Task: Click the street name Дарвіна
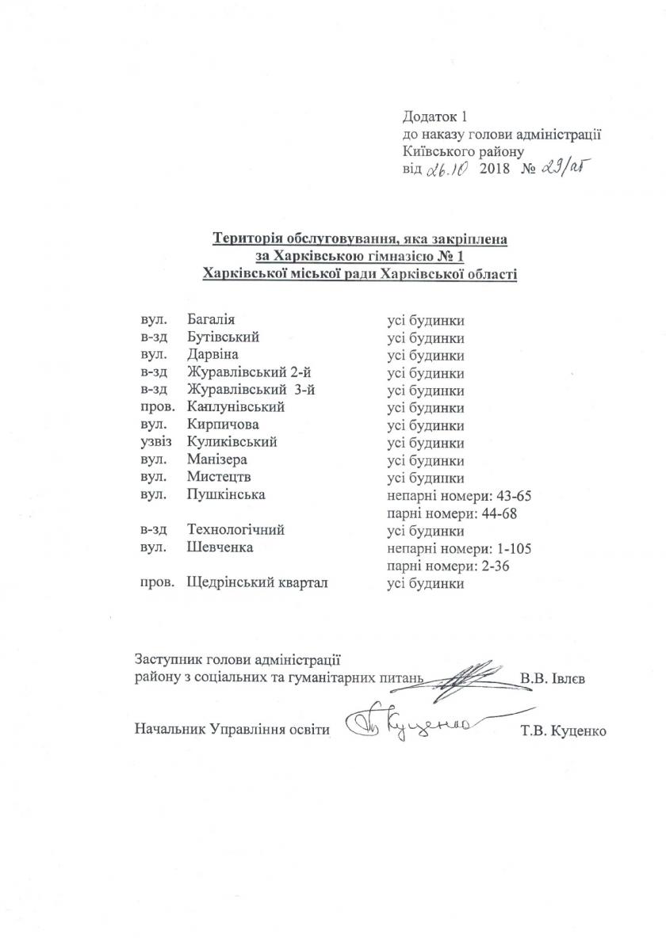click(212, 355)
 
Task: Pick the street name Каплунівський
click(236, 407)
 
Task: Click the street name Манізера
click(216, 460)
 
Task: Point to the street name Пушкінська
click(225, 495)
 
